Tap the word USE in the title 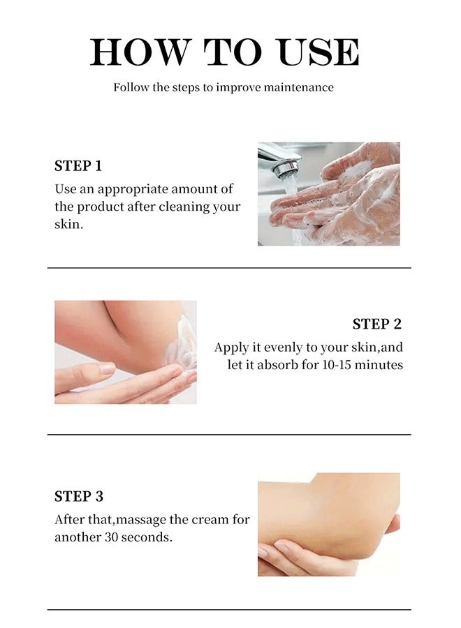(319, 52)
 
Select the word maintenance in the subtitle (299, 87)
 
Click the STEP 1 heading (78, 166)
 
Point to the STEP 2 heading (376, 324)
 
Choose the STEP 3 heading (78, 496)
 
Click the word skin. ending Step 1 (68, 224)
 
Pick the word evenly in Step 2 (284, 347)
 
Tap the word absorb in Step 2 (277, 365)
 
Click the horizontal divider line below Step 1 (229, 268)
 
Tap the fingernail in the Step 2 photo (107, 368)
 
